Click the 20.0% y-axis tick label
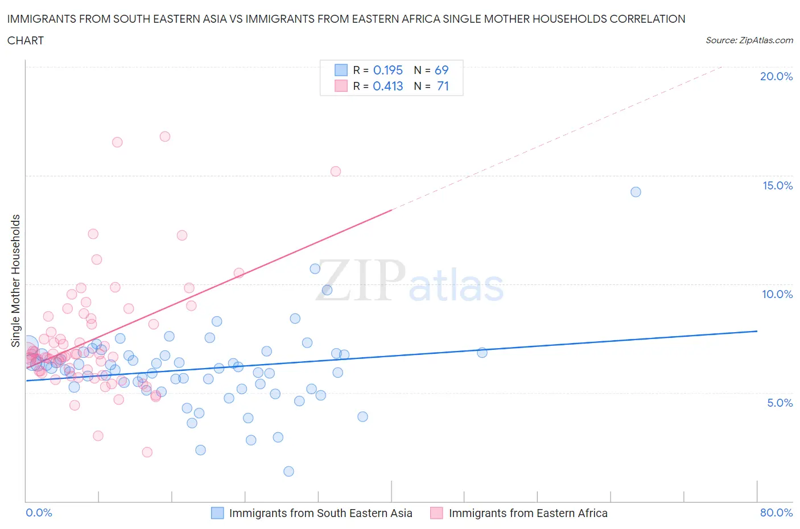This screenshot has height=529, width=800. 776,76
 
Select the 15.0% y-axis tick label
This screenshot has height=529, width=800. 777,185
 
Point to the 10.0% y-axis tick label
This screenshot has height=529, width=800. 777,294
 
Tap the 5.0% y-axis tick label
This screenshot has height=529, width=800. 780,403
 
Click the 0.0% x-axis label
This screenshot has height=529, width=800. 39,513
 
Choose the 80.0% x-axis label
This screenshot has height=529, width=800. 776,513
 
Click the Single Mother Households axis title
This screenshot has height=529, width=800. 15,280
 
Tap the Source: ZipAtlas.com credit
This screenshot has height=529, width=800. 749,40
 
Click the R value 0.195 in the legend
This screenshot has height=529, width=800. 387,70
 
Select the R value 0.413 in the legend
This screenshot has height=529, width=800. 387,86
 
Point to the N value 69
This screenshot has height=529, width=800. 442,70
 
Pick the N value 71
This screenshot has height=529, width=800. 443,86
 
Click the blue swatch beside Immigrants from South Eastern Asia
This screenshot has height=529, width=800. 217,513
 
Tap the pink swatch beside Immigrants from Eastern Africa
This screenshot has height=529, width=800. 436,513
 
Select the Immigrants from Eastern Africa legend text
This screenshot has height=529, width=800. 528,513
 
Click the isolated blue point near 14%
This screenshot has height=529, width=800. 636,192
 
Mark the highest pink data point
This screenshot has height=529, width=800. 165,137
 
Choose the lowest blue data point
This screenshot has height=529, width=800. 288,471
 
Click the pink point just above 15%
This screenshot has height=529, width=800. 336,171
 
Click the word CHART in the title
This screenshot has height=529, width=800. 26,40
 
